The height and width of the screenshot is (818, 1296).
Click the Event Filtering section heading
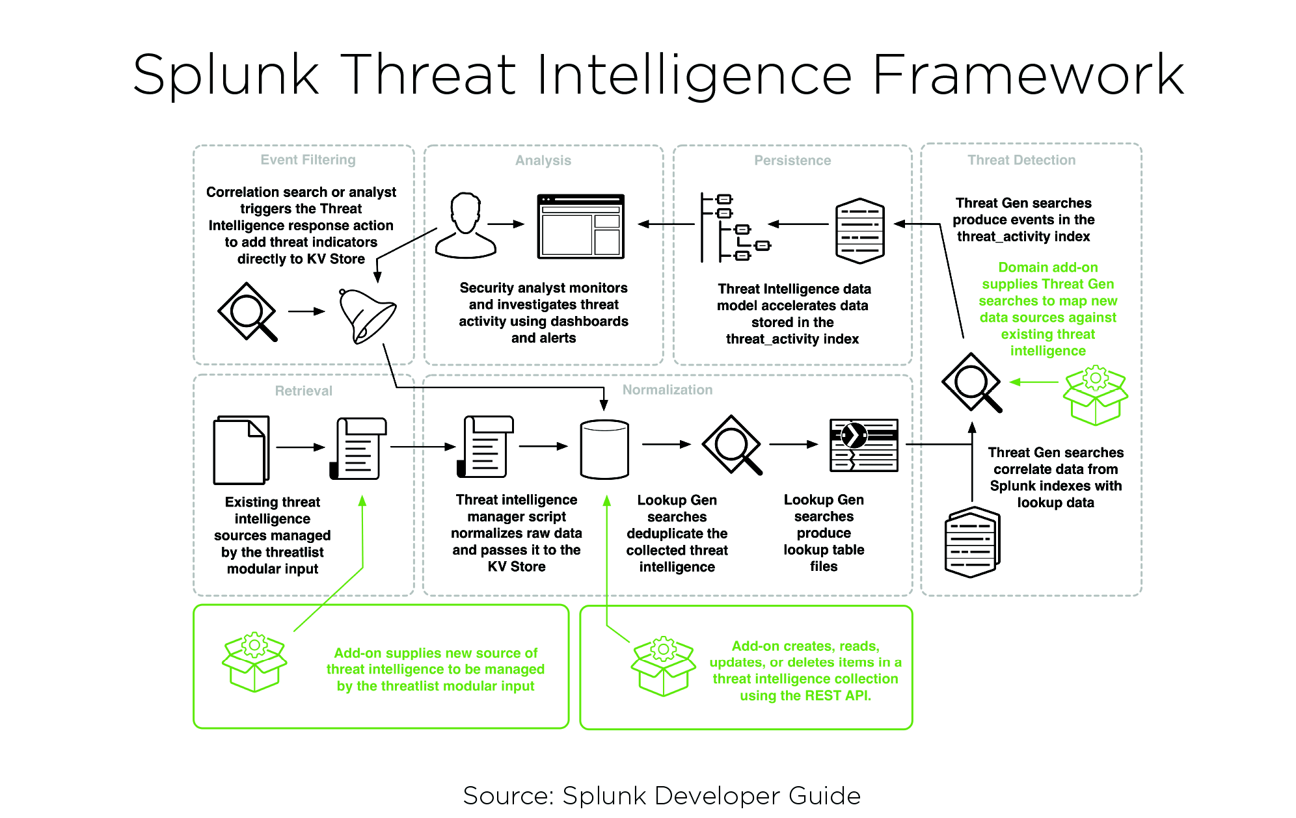click(308, 160)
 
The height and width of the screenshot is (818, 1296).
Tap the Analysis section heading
click(543, 161)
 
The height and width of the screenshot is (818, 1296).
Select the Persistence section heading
click(792, 161)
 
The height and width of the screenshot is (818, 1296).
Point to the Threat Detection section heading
click(1021, 160)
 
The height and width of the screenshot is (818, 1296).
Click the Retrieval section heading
click(303, 391)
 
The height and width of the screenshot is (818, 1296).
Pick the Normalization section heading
click(668, 389)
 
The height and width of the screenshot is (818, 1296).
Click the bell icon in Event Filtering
click(366, 316)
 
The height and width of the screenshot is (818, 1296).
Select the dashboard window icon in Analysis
click(580, 226)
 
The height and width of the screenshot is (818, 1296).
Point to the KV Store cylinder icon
click(604, 449)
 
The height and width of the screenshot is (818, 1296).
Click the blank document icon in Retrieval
click(241, 450)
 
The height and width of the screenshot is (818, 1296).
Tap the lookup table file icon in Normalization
click(864, 445)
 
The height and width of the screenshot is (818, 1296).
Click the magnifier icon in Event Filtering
click(247, 311)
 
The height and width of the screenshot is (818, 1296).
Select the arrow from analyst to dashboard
click(506, 224)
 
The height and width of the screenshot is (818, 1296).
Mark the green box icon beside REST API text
click(663, 666)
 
